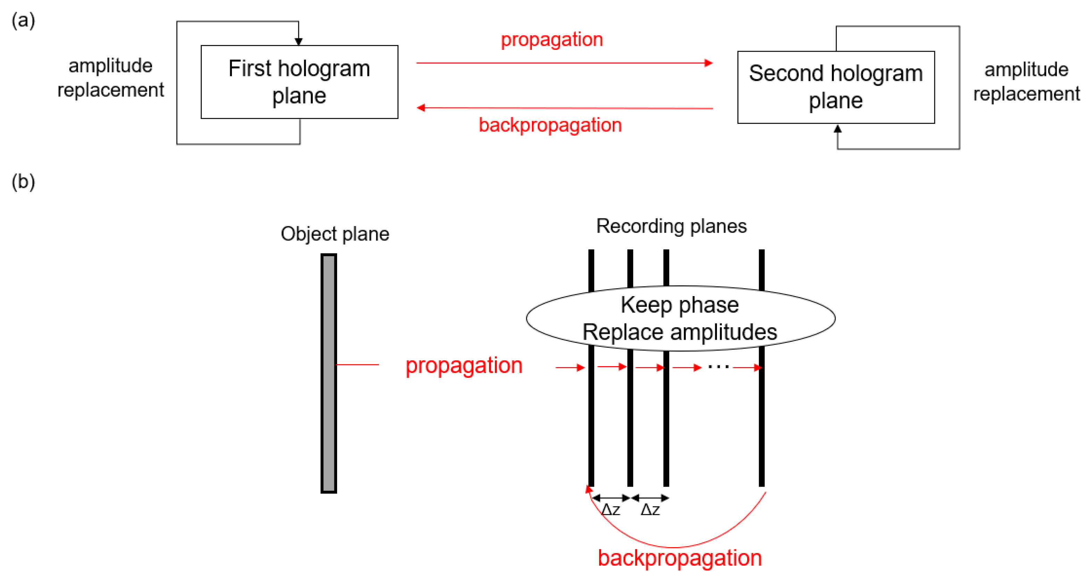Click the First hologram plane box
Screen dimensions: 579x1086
[x=299, y=82]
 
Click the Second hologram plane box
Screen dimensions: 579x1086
[x=836, y=87]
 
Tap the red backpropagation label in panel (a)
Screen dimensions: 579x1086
[x=550, y=125]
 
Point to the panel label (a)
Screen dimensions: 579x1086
[x=23, y=20]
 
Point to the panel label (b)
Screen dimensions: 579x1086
[x=23, y=182]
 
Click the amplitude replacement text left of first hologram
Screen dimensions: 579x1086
[x=110, y=78]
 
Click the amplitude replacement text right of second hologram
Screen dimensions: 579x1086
[x=1026, y=82]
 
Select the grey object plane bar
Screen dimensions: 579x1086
[x=328, y=373]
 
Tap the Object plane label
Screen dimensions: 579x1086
[x=335, y=234]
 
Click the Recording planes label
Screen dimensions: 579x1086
[x=671, y=226]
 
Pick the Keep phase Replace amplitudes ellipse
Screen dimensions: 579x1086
[x=680, y=318]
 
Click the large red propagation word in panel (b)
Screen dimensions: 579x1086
[x=464, y=365]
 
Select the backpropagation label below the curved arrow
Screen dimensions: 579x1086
[x=679, y=558]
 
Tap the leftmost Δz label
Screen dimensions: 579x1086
[x=610, y=510]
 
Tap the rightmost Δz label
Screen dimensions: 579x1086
[x=650, y=510]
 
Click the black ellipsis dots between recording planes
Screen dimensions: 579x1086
[x=718, y=367]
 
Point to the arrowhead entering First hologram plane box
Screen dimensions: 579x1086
[x=299, y=41]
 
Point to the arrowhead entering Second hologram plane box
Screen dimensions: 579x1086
[x=838, y=128]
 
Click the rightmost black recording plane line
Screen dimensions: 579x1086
[x=761, y=421]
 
